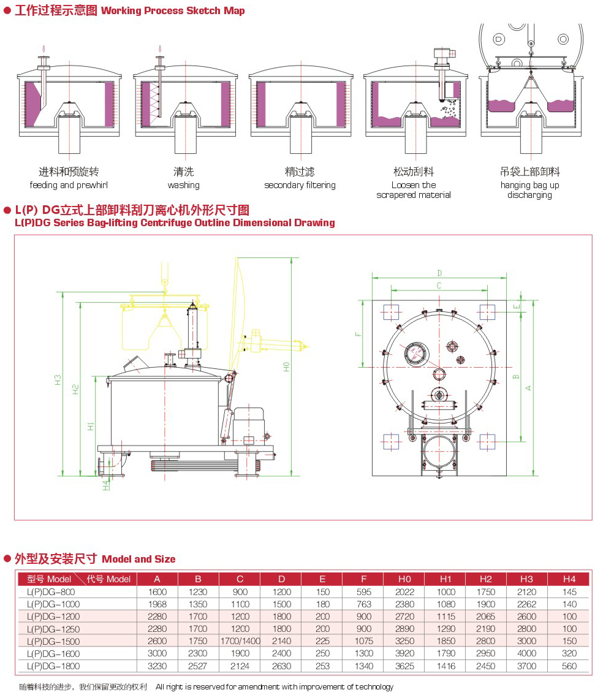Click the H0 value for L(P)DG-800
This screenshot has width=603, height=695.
point(404,592)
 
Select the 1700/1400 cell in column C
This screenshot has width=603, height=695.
point(240,641)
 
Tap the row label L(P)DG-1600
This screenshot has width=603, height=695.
point(53,653)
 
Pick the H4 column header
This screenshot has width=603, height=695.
point(569,579)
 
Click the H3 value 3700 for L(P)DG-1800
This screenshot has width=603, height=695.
point(526,666)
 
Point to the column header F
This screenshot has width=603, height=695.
point(363,579)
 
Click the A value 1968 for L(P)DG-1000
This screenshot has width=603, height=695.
point(157,604)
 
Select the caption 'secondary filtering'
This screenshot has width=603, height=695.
point(300,185)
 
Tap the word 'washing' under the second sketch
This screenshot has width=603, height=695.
point(183,185)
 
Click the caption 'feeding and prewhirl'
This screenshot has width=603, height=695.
point(68,185)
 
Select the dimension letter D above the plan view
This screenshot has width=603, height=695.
point(439,273)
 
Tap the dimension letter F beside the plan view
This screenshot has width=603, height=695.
point(357,334)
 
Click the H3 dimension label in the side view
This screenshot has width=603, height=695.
point(58,379)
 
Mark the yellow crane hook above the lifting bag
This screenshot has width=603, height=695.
point(164,281)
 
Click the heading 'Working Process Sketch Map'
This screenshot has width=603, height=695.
point(173,11)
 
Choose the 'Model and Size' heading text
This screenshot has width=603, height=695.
point(138,559)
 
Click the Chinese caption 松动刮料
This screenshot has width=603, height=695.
point(414,172)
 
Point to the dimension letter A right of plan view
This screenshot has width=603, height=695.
point(528,387)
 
